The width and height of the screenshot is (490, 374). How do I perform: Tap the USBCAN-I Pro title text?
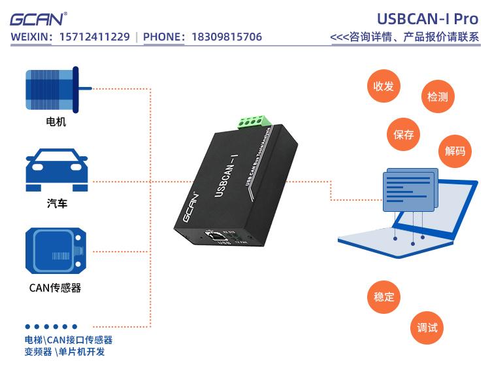point(427,19)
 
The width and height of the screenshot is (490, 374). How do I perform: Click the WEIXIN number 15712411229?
point(94,37)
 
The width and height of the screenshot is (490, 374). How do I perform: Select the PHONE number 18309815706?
point(226,37)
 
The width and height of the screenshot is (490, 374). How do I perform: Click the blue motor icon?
point(56,88)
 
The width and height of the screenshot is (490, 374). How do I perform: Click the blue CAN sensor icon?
point(56,250)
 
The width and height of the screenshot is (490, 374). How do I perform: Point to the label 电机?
point(56,122)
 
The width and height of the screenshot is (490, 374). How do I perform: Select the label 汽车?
point(57,204)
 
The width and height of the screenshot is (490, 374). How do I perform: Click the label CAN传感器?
point(56,288)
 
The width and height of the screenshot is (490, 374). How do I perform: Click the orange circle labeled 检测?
point(437,97)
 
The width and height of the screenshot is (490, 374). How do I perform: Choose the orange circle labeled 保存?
point(404,135)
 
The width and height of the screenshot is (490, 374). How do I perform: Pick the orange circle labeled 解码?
point(455,151)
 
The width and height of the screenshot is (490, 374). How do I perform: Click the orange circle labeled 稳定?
point(384,296)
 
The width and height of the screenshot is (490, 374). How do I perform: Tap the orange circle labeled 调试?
point(427,328)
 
